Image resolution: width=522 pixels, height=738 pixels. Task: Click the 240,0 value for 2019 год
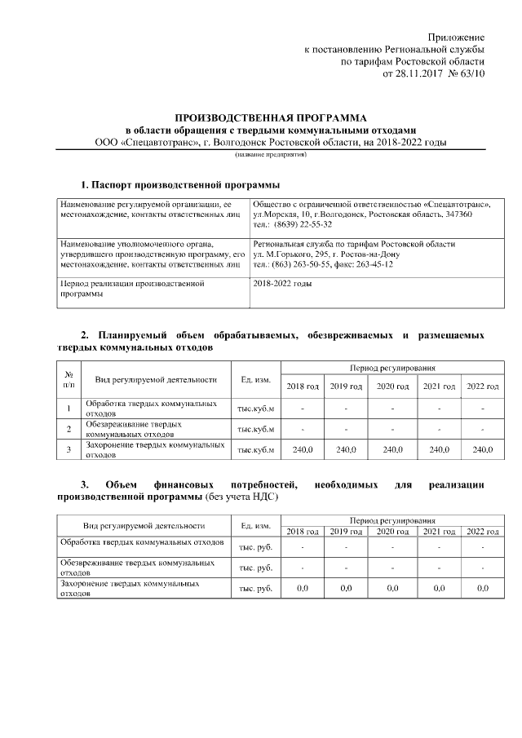347,449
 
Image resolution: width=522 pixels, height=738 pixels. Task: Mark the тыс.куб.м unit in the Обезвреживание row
256,429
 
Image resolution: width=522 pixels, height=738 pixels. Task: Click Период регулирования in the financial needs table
391,519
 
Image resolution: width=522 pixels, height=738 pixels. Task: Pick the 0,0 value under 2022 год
482,587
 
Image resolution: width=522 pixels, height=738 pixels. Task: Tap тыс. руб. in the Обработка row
256,546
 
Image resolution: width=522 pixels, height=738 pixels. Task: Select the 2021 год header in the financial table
439,532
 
